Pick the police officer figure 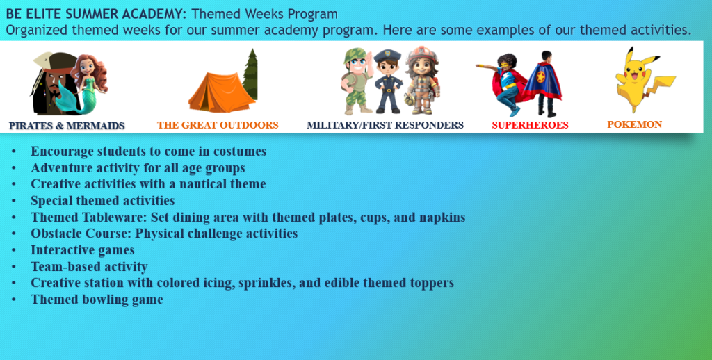388,82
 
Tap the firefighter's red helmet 422,55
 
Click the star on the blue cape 540,76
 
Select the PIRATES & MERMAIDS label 67,126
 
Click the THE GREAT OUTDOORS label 218,125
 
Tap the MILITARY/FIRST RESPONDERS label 385,125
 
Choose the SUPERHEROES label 530,125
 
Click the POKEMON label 634,124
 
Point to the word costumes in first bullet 241,152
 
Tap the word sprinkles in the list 264,284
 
